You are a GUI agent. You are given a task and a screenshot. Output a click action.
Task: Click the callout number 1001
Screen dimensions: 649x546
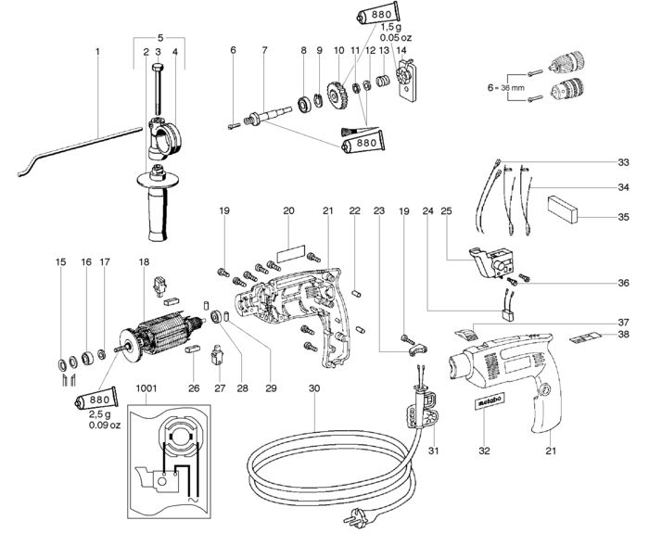(x=146, y=388)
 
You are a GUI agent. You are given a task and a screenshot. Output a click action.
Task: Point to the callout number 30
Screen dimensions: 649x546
(x=314, y=388)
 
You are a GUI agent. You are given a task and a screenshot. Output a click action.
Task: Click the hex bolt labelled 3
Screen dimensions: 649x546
(x=158, y=89)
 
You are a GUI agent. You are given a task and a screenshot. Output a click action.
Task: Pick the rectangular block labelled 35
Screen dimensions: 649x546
(x=562, y=210)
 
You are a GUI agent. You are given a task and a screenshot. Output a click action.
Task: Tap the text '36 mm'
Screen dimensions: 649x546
(x=513, y=88)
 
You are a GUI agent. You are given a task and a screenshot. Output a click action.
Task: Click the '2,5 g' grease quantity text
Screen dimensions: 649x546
(x=100, y=414)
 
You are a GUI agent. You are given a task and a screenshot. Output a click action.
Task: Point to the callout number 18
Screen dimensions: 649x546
(x=144, y=262)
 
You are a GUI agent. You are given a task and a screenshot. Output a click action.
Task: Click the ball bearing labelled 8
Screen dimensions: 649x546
(x=305, y=104)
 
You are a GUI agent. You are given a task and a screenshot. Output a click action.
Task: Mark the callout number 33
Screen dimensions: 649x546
(x=623, y=162)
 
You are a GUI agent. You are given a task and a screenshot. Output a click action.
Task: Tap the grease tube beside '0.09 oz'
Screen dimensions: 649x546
(x=96, y=399)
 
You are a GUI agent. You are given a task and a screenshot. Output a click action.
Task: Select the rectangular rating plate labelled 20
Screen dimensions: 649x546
(x=290, y=253)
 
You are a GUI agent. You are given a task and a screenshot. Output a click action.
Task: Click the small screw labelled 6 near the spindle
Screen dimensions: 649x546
(x=234, y=126)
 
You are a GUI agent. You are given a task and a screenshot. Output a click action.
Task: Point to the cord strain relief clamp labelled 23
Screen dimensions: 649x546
(x=418, y=349)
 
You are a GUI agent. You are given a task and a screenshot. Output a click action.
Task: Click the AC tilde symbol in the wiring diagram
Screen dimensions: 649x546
(x=193, y=500)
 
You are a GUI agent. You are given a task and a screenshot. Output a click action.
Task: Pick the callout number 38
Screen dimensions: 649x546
(x=623, y=334)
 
